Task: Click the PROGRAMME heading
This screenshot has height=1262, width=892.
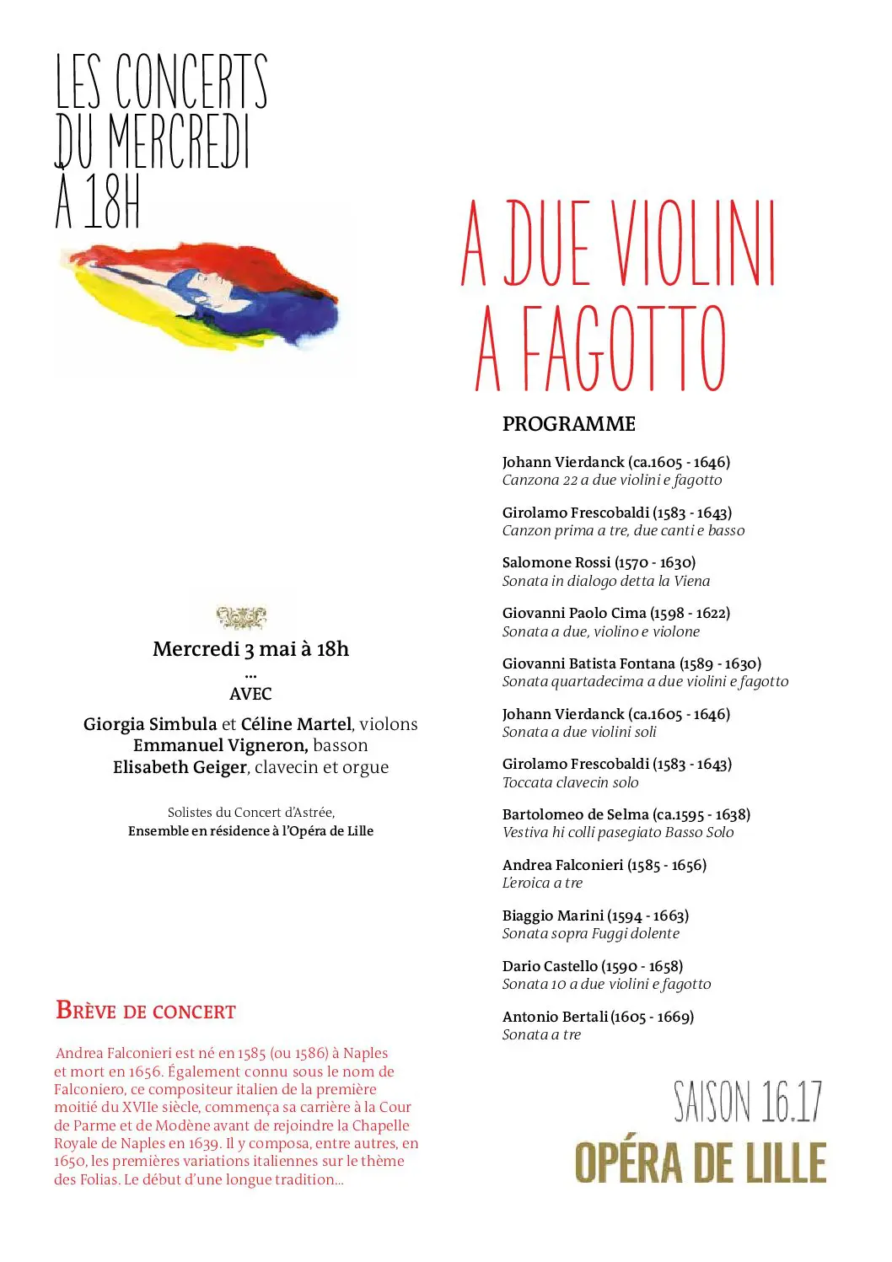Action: tap(568, 424)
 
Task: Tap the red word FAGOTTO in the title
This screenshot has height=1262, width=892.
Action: tap(623, 349)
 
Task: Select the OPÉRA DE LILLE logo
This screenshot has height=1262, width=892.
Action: tap(700, 1163)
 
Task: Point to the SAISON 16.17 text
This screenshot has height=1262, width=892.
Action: tap(747, 1102)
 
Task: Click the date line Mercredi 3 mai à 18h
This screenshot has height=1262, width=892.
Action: tap(250, 649)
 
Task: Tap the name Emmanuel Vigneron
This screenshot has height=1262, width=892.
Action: tap(220, 745)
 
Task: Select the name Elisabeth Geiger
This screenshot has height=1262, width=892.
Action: tap(180, 767)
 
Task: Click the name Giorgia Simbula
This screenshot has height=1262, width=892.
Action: tap(150, 724)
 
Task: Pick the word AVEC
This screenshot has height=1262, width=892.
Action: tap(250, 694)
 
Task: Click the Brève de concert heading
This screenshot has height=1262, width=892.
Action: tap(146, 1010)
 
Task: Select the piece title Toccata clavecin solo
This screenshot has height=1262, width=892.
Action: tap(570, 782)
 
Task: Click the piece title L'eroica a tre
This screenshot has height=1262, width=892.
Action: tap(542, 883)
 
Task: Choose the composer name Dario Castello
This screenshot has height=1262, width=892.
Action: tap(550, 966)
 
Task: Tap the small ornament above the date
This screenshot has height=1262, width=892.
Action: tap(242, 618)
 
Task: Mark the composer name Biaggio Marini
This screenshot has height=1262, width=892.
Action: tap(553, 916)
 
